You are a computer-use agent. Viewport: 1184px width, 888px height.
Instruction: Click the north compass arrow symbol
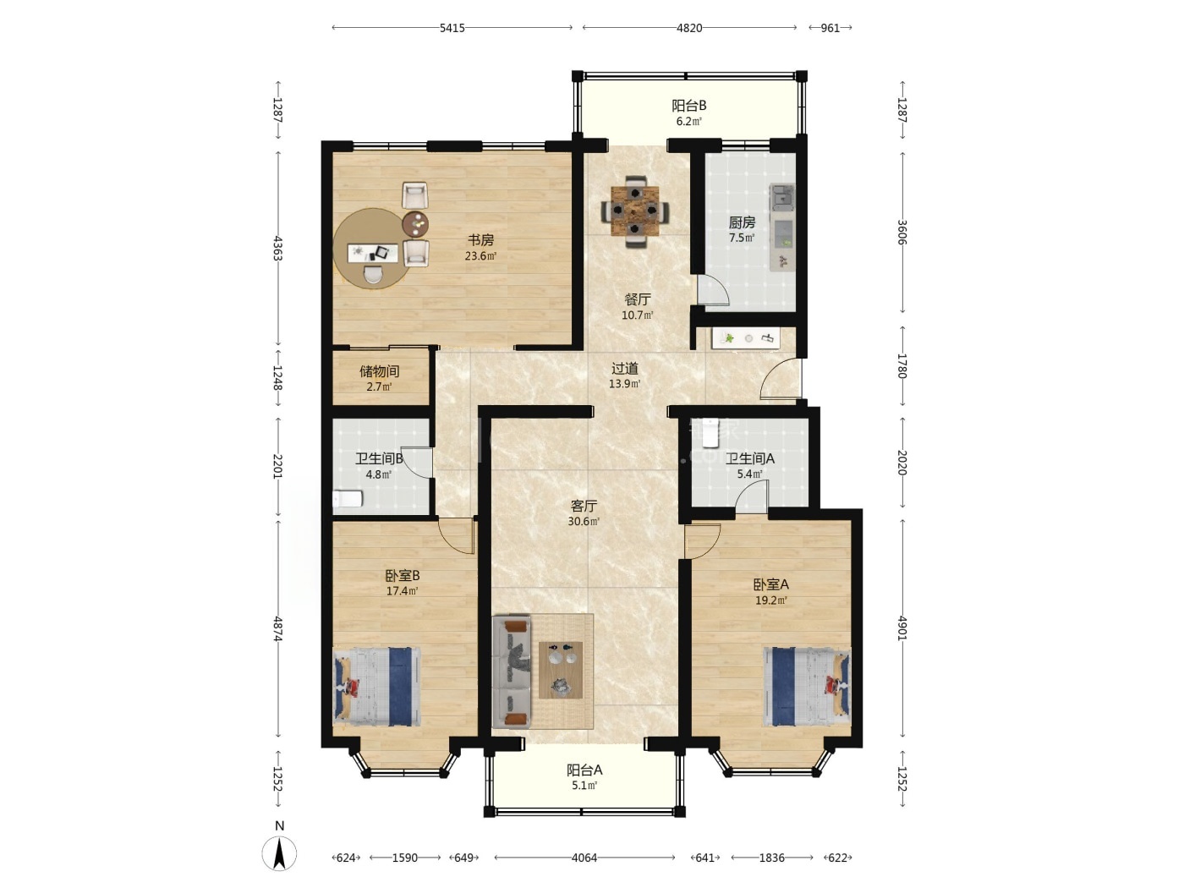[279, 854]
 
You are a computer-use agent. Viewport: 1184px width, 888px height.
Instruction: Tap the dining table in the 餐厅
[635, 211]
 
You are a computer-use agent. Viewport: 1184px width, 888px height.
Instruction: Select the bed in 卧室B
[376, 687]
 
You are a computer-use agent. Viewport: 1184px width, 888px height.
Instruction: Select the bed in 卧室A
[807, 687]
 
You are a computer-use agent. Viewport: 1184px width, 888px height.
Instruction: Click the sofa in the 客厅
[512, 671]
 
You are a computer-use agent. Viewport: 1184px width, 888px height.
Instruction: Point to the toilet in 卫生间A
[712, 432]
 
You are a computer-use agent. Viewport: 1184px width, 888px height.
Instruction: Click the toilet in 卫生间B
[348, 498]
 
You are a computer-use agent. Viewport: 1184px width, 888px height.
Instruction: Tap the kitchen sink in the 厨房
[782, 197]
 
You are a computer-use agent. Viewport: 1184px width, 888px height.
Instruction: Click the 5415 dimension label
[452, 28]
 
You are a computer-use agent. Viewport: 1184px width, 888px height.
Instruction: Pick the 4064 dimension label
[584, 858]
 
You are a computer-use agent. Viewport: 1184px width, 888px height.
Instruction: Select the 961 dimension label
[830, 28]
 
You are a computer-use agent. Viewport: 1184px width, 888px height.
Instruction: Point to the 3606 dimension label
[902, 233]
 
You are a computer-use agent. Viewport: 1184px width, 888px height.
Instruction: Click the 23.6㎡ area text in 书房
[480, 255]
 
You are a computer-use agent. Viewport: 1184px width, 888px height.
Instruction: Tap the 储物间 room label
[379, 371]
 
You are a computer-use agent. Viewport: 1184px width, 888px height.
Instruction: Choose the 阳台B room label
[688, 106]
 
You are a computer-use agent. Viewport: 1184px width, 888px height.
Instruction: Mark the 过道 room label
[625, 369]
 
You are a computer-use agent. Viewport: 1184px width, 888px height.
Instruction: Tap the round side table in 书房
[416, 224]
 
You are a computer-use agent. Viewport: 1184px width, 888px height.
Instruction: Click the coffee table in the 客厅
[561, 670]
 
